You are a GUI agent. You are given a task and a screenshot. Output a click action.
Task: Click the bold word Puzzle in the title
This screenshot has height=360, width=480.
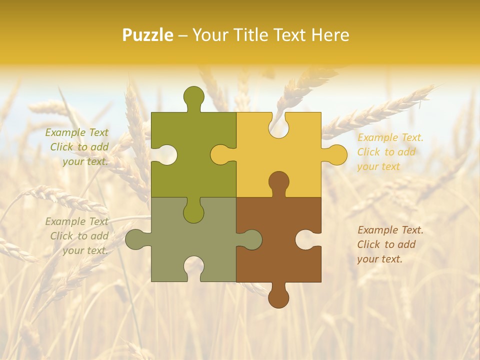(148, 35)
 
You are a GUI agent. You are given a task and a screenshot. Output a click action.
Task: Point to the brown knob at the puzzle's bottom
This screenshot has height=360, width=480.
(278, 297)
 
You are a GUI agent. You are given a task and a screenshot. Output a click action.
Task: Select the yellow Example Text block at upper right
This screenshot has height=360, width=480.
(389, 152)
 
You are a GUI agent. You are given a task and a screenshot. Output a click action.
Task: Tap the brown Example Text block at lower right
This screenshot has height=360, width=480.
(389, 244)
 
